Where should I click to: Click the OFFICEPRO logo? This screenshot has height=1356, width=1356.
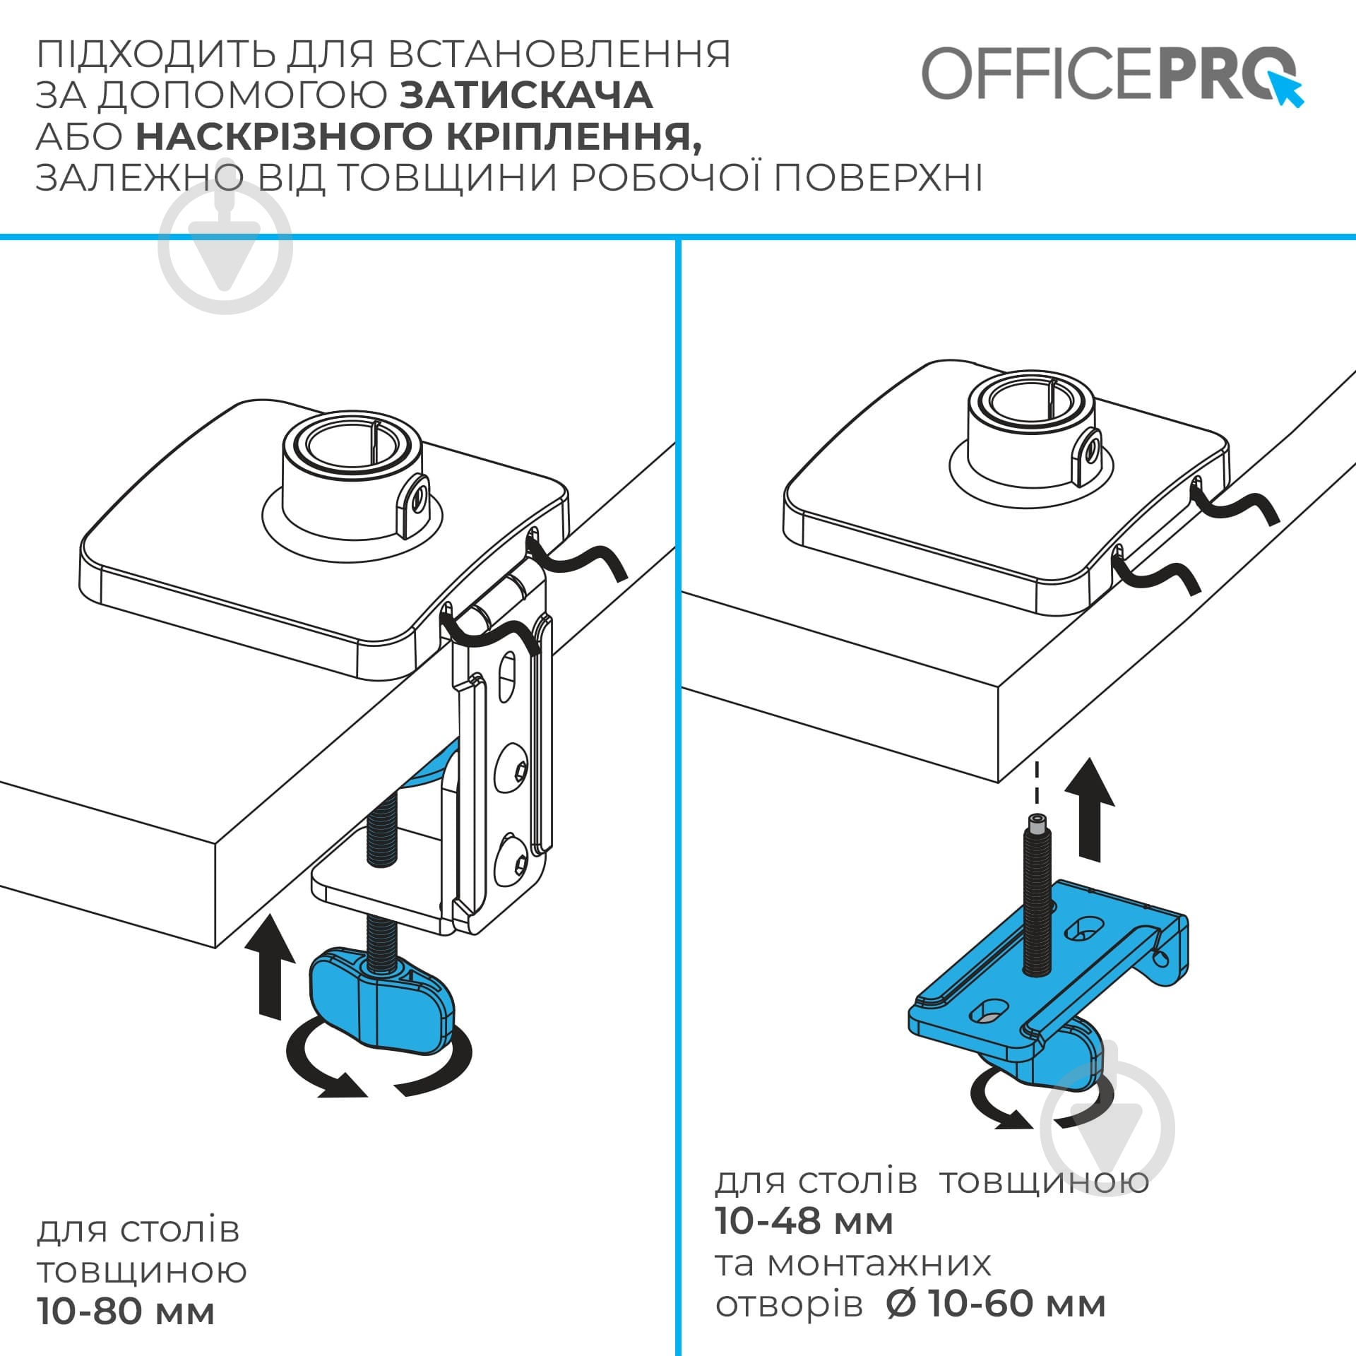1109,74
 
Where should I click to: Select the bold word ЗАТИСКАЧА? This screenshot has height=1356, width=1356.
526,95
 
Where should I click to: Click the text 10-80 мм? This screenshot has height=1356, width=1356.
126,1312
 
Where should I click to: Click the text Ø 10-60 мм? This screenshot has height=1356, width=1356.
996,1304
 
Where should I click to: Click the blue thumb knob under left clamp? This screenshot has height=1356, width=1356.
381,1003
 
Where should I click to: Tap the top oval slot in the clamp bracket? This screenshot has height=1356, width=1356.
507,678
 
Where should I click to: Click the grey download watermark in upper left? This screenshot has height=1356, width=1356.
225,247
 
